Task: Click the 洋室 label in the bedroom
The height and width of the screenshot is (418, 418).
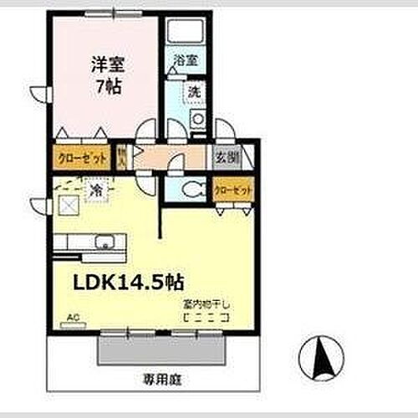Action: tap(103, 63)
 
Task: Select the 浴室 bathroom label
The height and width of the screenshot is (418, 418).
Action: tap(186, 61)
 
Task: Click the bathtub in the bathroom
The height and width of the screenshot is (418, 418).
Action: tap(187, 33)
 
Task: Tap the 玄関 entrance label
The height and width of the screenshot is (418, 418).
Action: tap(226, 155)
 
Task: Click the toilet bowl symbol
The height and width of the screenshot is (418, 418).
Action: tap(191, 189)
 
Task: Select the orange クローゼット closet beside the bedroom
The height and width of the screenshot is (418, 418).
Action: tap(81, 156)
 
